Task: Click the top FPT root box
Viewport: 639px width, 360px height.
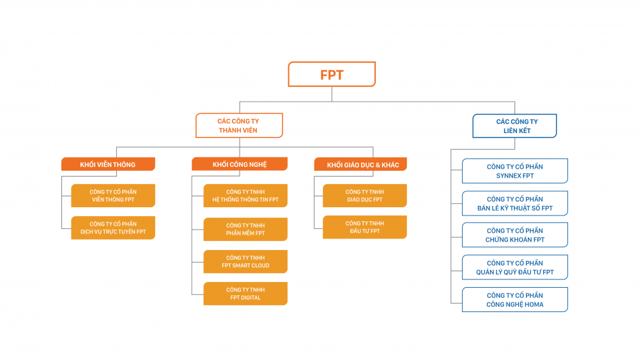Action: tap(332, 74)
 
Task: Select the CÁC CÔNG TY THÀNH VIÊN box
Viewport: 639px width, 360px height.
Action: tap(239, 126)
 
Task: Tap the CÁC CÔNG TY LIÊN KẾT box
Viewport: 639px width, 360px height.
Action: tap(514, 126)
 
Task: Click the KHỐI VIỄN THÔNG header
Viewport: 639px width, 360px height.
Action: tap(108, 165)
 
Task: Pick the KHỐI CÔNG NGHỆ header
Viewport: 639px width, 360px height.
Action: tap(240, 165)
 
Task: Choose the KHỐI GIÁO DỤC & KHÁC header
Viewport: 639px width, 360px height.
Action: tap(361, 165)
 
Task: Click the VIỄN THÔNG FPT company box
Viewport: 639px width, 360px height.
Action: tap(113, 196)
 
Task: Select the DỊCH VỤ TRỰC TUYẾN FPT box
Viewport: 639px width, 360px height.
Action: tap(113, 228)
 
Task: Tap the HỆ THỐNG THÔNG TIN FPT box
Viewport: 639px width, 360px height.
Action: tap(245, 196)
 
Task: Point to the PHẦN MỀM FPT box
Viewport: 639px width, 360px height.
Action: tap(245, 229)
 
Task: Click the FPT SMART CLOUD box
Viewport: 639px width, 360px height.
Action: tap(245, 262)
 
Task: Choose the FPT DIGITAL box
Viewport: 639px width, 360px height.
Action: tap(245, 293)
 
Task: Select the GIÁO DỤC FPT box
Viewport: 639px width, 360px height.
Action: tap(364, 196)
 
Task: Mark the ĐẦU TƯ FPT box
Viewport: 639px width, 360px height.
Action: tap(364, 227)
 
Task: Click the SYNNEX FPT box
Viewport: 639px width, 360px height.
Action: tap(514, 171)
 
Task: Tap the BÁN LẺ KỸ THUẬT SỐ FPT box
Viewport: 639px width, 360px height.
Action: tap(514, 203)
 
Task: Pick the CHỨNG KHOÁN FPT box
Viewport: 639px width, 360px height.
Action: tap(514, 235)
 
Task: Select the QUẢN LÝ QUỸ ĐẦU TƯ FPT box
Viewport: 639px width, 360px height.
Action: tap(514, 267)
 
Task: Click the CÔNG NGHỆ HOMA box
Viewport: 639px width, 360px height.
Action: tap(514, 300)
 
